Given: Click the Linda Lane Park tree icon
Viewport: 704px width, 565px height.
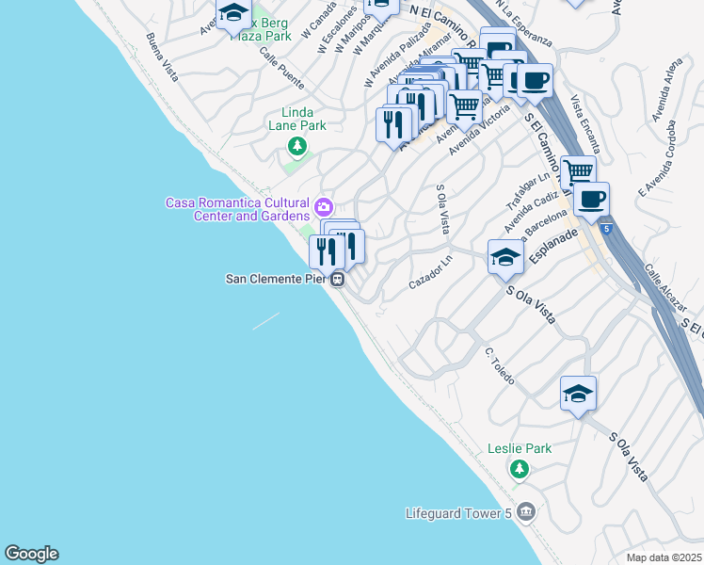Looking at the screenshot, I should tap(297, 145).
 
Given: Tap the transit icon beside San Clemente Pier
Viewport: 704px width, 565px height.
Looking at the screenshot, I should tap(337, 279).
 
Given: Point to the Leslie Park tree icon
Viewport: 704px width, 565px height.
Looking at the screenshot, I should tap(518, 468).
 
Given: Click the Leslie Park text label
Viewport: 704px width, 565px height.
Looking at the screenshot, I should tap(519, 449).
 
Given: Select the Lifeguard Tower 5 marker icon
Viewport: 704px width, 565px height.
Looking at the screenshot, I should tap(525, 512).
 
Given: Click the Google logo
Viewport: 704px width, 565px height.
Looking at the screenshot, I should tap(31, 554).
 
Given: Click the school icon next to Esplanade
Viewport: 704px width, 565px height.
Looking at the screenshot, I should tap(505, 258).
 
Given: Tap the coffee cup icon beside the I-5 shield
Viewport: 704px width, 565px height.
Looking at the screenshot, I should tap(592, 200).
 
